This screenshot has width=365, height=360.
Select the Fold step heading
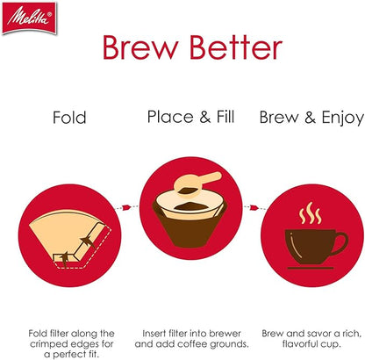pyautogui.click(x=69, y=117)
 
